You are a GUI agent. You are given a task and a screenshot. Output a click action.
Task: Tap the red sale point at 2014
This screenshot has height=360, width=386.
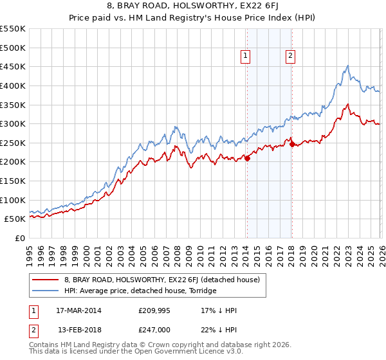pos(247,158)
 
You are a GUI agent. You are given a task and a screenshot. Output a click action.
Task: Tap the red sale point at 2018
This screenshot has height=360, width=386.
pos(292,144)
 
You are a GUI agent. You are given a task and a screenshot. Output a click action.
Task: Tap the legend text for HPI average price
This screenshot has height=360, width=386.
pos(140,291)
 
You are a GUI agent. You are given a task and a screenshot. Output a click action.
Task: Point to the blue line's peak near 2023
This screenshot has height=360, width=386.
pos(347,66)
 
